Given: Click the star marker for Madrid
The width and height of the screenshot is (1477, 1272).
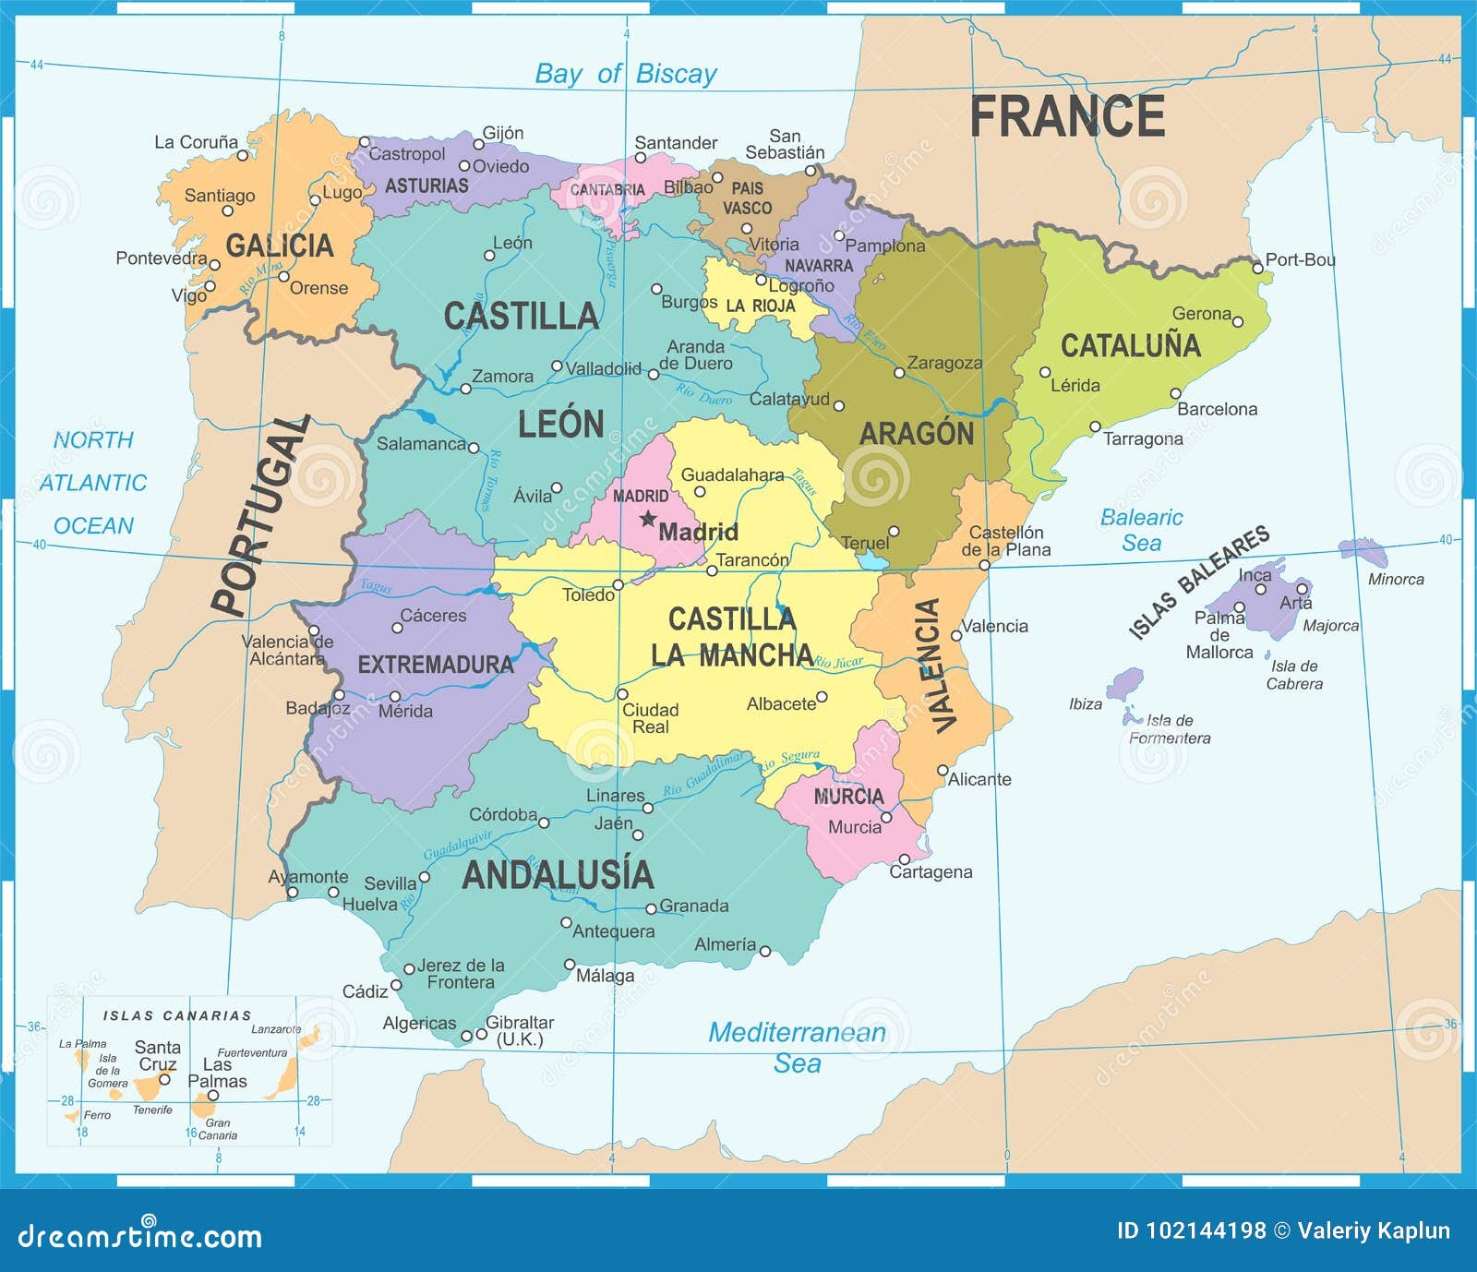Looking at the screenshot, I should (x=648, y=519).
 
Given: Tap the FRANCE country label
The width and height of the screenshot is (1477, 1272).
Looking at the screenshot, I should (x=1066, y=117).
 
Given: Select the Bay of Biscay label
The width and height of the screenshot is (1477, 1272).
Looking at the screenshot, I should (x=626, y=74).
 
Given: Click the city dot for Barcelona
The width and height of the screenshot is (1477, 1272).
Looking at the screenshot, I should (x=1175, y=394).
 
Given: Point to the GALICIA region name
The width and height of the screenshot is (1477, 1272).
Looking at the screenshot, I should (x=280, y=246).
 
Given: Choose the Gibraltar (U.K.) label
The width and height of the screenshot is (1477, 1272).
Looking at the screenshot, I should (x=520, y=1030).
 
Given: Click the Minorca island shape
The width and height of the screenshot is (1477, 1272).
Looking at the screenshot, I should (x=1364, y=552).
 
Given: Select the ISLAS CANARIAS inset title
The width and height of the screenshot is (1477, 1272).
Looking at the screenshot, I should (x=177, y=1015).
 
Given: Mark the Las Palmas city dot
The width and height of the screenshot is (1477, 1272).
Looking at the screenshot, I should (x=212, y=1097).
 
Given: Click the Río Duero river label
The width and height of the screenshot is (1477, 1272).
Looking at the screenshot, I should (x=703, y=394).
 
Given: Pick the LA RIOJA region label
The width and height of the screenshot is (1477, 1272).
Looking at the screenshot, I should (x=760, y=306).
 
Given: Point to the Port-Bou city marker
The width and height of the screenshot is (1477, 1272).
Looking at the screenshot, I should (x=1257, y=269).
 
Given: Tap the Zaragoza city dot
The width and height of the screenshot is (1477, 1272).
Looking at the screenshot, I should (x=899, y=373).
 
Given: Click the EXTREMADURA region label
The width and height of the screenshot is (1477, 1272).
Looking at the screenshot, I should (x=435, y=665).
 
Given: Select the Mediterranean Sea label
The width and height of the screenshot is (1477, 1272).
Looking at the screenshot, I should (x=797, y=1047).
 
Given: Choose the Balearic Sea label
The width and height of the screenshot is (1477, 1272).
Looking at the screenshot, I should (x=1141, y=530).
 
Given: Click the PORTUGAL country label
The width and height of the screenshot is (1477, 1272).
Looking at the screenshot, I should (x=260, y=515).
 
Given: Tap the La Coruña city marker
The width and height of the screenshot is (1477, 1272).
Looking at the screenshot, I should (x=243, y=155).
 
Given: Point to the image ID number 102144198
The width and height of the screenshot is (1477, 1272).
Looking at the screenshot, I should (x=1205, y=1230).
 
